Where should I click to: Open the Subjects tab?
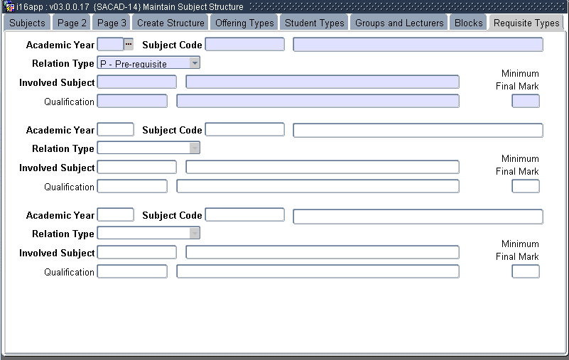27,23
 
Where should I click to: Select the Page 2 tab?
72,23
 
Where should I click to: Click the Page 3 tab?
112,23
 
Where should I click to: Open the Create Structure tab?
170,23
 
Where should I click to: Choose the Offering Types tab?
244,23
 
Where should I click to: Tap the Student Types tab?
314,23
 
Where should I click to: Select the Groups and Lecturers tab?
399,23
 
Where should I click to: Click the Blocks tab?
468,23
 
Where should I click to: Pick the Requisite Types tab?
526,23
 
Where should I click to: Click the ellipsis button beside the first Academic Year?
129,45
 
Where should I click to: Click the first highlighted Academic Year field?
110,45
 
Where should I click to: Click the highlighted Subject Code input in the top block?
244,45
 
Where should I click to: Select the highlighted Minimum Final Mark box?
525,101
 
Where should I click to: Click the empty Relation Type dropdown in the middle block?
148,148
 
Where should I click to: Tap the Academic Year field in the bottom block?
115,215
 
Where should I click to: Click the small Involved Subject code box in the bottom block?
136,252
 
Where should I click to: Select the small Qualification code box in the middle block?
132,186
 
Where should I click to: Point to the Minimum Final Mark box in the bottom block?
525,271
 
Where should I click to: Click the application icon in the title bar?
9,6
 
